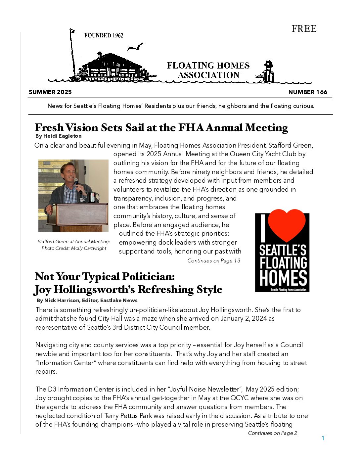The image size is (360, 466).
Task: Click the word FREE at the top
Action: [x=304, y=29]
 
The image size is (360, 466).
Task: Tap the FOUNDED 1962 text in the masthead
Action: [x=104, y=35]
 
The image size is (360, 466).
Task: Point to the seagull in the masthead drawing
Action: [x=136, y=47]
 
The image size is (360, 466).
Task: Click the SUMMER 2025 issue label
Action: [x=50, y=92]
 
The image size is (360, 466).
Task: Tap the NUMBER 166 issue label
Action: [x=308, y=92]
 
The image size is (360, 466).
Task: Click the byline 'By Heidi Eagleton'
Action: [x=58, y=136]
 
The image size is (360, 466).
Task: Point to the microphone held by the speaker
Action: [x=77, y=184]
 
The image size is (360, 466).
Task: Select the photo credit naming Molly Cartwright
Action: [x=74, y=248]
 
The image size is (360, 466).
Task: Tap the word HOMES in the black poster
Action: [x=283, y=278]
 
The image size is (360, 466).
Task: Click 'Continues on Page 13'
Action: [x=214, y=261]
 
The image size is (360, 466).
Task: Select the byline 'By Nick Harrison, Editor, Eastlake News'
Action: [x=87, y=301]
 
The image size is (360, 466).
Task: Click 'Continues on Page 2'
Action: [x=273, y=433]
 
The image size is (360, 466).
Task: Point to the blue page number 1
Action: [x=323, y=438]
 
